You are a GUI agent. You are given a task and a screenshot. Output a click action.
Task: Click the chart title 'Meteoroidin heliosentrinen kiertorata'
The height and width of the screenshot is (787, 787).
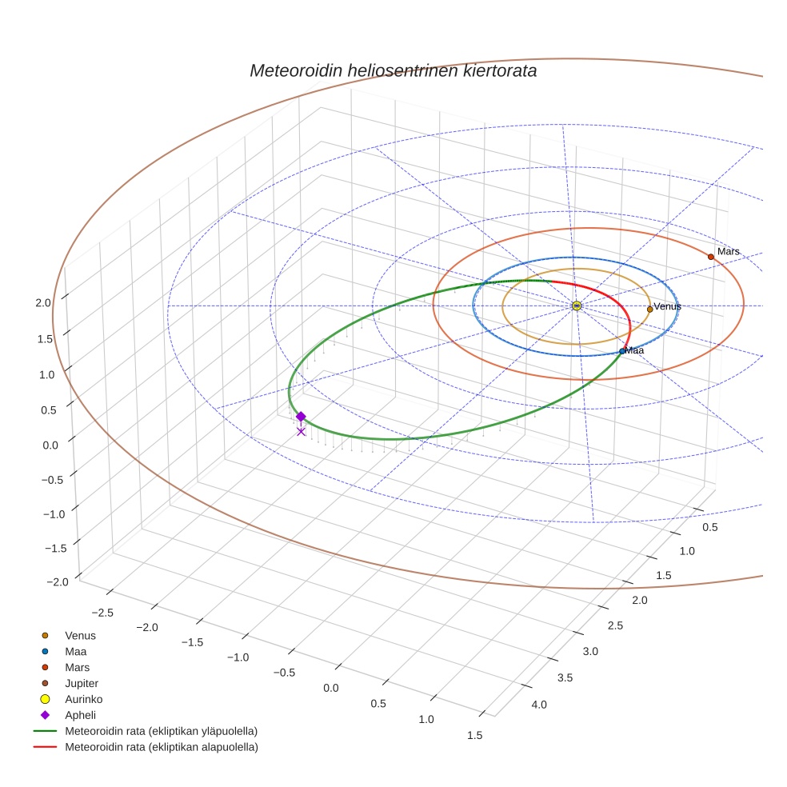tap(393, 70)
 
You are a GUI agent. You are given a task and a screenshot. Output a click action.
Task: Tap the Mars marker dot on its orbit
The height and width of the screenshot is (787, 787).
tap(710, 257)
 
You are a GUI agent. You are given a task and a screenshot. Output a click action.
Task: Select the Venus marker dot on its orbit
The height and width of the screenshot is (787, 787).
tap(649, 310)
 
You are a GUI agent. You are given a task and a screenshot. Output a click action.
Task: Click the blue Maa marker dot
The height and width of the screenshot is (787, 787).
tap(622, 351)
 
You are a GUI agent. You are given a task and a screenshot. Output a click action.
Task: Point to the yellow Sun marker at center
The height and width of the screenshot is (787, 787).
tap(577, 306)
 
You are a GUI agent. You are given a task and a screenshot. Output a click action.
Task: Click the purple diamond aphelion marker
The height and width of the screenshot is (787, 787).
tap(301, 416)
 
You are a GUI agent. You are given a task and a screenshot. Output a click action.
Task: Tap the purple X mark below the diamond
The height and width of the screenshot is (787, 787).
tap(301, 432)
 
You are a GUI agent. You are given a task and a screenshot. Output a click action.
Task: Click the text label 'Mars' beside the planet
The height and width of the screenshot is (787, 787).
tap(728, 251)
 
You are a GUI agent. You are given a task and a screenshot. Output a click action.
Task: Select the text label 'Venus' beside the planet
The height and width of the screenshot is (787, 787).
tap(667, 306)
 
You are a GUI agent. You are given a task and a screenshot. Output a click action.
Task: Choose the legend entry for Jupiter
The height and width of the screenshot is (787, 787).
tap(82, 683)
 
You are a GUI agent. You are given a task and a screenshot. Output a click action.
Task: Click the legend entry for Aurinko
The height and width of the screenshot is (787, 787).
tap(83, 699)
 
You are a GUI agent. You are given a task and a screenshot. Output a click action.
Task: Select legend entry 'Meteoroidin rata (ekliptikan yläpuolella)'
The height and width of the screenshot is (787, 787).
tap(161, 731)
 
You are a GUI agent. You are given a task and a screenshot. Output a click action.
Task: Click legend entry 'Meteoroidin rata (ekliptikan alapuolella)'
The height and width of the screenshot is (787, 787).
tap(161, 747)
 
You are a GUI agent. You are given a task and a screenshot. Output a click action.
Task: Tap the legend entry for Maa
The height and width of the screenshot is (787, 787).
tap(76, 651)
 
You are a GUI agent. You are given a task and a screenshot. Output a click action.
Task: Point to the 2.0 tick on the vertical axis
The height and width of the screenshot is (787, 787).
tap(43, 302)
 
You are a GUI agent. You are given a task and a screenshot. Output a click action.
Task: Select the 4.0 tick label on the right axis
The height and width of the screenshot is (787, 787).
tap(538, 705)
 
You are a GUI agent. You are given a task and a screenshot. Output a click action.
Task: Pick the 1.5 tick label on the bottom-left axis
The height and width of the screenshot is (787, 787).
tap(474, 735)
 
